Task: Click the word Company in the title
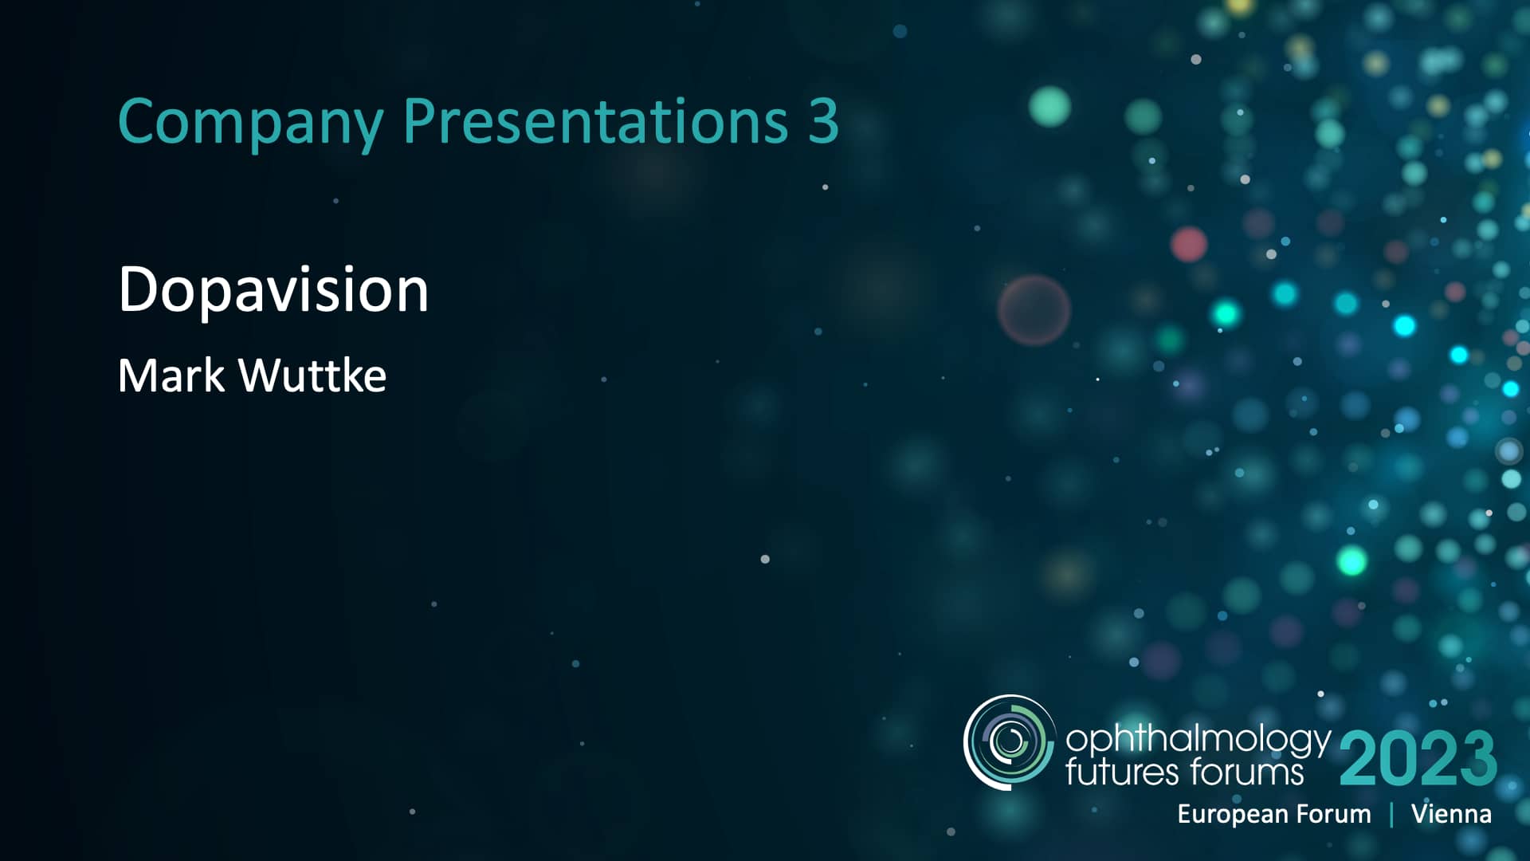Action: pos(250,122)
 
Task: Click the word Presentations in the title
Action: pos(595,122)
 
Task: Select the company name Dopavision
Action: pos(273,290)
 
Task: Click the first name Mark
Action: pos(171,375)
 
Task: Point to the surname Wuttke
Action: pos(312,375)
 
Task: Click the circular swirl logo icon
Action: pos(1009,742)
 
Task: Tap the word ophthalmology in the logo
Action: pos(1198,740)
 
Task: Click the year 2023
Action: pos(1418,759)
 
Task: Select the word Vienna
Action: pos(1451,814)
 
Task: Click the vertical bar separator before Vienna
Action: pos(1391,814)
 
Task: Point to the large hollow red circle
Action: pos(1034,310)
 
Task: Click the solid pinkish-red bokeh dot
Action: pos(1188,244)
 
